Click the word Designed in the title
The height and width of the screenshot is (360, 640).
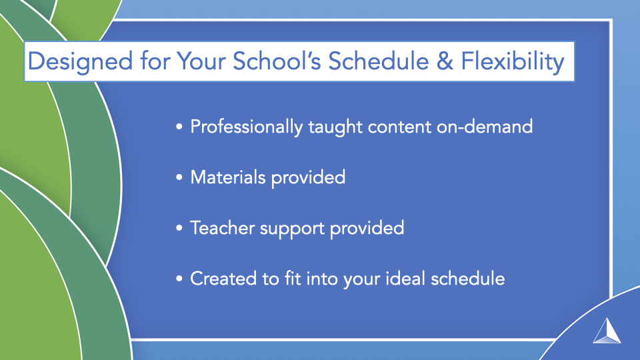81,62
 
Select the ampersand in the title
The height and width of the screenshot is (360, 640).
445,61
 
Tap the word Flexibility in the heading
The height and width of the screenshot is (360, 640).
513,62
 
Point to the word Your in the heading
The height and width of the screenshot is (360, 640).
201,61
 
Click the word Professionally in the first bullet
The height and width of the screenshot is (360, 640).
246,127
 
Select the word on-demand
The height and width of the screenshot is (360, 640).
485,127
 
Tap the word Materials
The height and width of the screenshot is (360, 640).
228,177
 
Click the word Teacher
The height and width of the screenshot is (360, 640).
223,228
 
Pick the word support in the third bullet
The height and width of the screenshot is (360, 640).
292,229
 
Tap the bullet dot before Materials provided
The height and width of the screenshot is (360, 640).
179,177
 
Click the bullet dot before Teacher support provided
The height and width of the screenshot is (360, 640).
179,228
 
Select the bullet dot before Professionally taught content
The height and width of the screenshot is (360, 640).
179,127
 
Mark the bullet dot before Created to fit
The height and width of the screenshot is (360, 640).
179,279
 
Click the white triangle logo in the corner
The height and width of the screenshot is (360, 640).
607,331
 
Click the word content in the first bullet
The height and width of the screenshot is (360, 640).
399,127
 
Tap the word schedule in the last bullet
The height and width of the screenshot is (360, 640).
468,279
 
